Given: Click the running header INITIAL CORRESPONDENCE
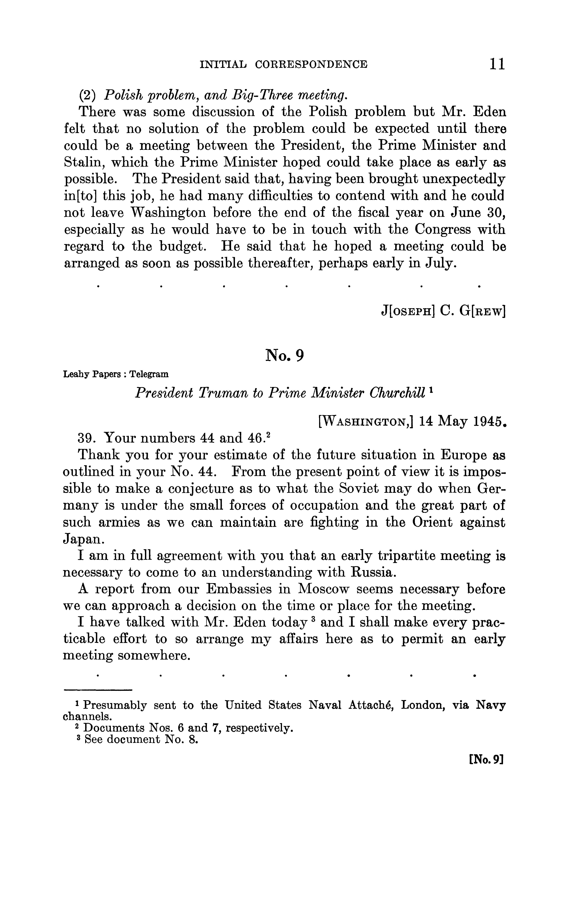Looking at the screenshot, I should click(284, 64).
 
